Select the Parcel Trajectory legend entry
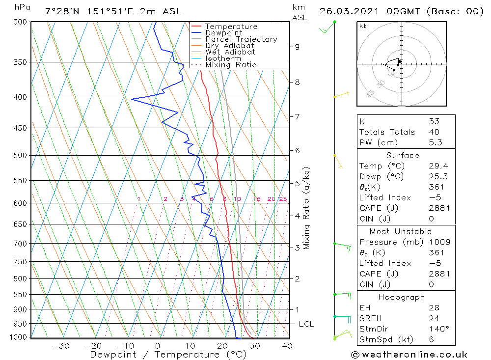(241, 39)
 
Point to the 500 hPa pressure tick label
(21, 156)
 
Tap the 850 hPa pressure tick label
(21, 295)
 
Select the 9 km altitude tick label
(297, 47)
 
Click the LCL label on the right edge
(306, 324)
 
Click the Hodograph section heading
(401, 298)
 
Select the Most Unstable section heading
(402, 232)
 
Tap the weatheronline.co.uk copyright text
(409, 355)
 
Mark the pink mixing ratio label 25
(283, 199)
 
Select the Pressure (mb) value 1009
(439, 242)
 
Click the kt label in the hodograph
(362, 26)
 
